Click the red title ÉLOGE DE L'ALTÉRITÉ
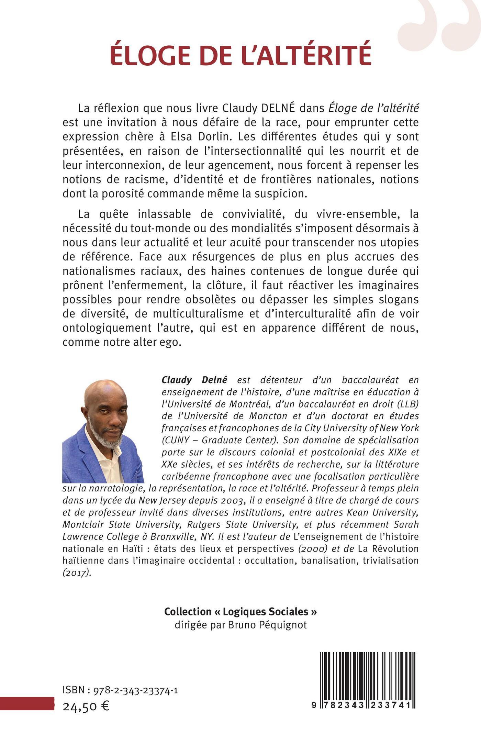240,54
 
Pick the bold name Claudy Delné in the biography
194,380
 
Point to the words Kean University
383,512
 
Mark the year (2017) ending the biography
77,572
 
